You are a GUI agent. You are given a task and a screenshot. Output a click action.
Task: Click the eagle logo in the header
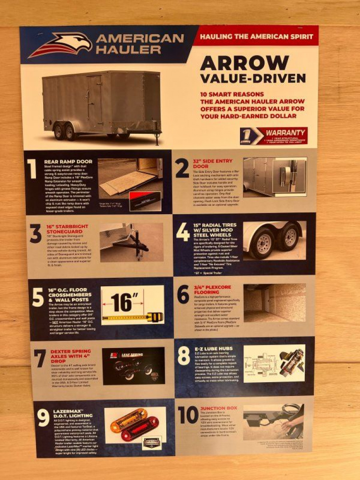coord(60,45)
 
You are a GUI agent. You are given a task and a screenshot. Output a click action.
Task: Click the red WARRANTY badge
coord(273,136)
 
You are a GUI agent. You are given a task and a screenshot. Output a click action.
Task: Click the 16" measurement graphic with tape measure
coord(132,305)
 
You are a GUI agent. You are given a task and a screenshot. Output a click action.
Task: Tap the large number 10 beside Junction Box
coord(188,415)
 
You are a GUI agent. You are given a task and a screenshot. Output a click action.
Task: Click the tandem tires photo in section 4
coord(274,240)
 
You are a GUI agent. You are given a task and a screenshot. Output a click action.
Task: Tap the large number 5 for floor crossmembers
coord(38,298)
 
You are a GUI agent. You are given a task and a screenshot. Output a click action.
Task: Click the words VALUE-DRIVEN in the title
coord(252,78)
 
